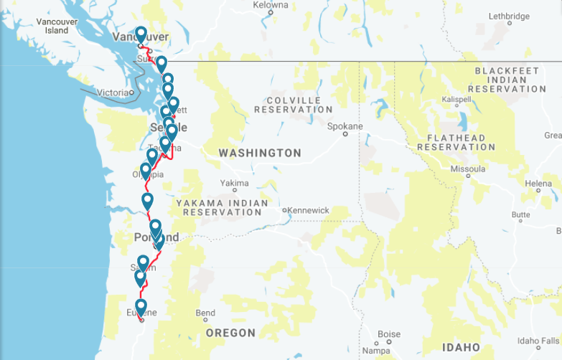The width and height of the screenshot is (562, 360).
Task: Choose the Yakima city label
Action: [x=234, y=183]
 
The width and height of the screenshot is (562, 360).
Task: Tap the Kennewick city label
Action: [x=309, y=210]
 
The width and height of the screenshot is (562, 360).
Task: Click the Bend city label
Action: [x=205, y=313]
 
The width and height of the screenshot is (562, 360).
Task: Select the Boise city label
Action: [x=388, y=334]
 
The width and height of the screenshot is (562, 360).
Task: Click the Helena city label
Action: [x=538, y=184]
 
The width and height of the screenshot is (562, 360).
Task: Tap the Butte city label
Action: [x=520, y=214]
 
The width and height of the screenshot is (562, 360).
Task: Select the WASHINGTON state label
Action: [x=260, y=153]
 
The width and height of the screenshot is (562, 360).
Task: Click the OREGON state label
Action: [x=230, y=333]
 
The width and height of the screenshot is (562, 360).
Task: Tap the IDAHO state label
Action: [x=462, y=347]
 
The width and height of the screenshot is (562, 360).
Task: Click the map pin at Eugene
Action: [x=141, y=308]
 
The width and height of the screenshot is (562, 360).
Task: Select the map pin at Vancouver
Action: [x=141, y=34]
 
